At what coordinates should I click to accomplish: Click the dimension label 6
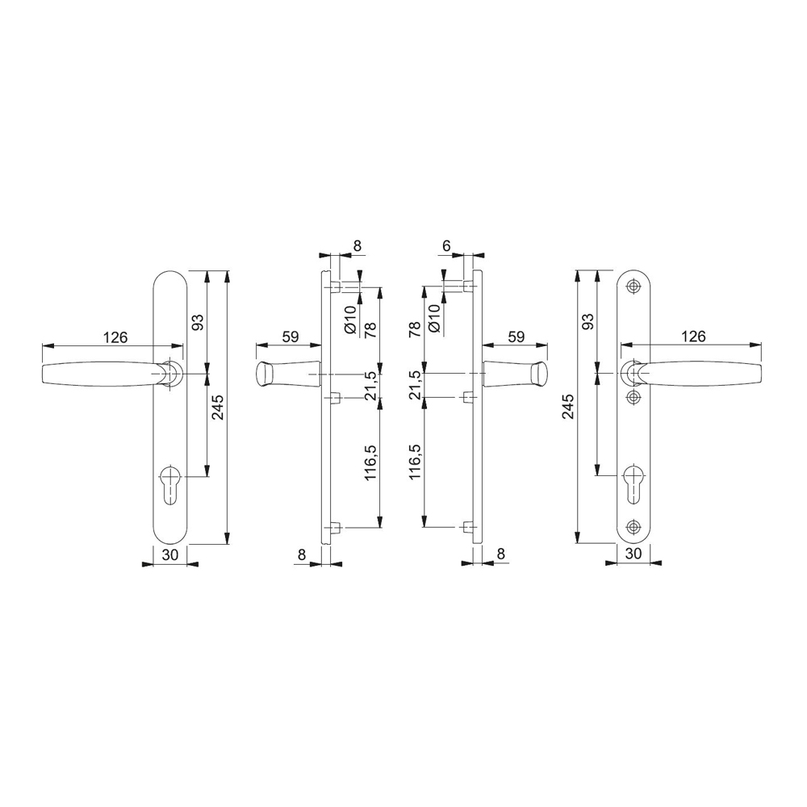point(446,246)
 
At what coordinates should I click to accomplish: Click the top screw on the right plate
point(633,286)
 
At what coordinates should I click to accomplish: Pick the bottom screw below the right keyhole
point(633,526)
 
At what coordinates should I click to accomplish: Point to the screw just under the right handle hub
point(633,397)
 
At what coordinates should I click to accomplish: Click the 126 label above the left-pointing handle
point(115,337)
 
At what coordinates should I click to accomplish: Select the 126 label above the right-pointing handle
point(692,337)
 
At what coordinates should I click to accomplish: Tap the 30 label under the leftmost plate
point(169,554)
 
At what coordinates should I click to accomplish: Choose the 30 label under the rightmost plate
point(633,554)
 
